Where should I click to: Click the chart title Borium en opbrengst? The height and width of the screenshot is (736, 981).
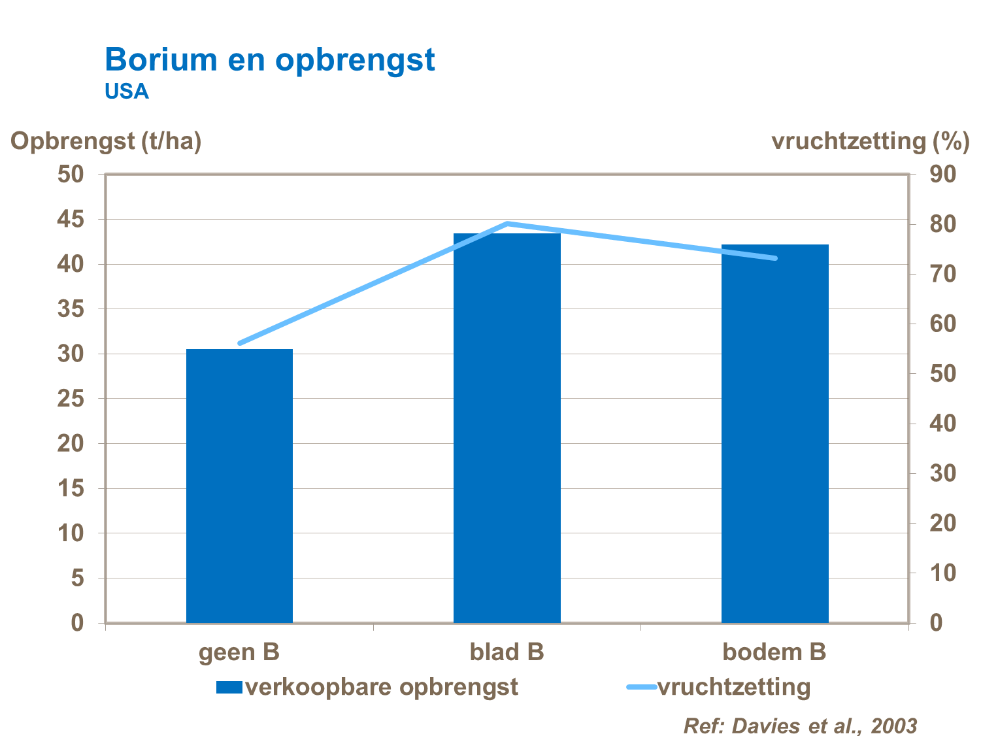click(x=269, y=60)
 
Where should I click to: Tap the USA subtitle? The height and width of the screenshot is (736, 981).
click(x=127, y=92)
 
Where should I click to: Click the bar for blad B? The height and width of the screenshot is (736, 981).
click(x=507, y=427)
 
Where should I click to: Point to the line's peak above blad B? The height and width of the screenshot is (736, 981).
click(x=508, y=224)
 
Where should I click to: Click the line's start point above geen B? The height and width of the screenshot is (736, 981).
click(x=240, y=343)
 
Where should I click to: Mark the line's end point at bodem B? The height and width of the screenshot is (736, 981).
click(x=775, y=258)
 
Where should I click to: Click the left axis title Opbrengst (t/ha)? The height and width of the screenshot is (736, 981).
click(x=106, y=141)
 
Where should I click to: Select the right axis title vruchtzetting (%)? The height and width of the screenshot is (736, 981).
click(x=870, y=141)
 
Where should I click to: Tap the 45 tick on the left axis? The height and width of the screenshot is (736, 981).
click(x=71, y=220)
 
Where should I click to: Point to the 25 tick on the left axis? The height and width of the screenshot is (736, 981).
click(x=71, y=399)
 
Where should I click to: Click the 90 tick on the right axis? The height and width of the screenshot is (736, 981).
click(x=943, y=175)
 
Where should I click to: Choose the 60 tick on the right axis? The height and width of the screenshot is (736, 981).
click(x=943, y=324)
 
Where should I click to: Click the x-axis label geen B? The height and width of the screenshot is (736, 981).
click(x=239, y=652)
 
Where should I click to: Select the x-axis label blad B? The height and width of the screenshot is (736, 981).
click(x=507, y=652)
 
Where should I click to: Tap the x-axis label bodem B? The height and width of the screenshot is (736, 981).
click(x=774, y=652)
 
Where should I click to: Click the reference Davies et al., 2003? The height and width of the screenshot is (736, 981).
click(x=800, y=726)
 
